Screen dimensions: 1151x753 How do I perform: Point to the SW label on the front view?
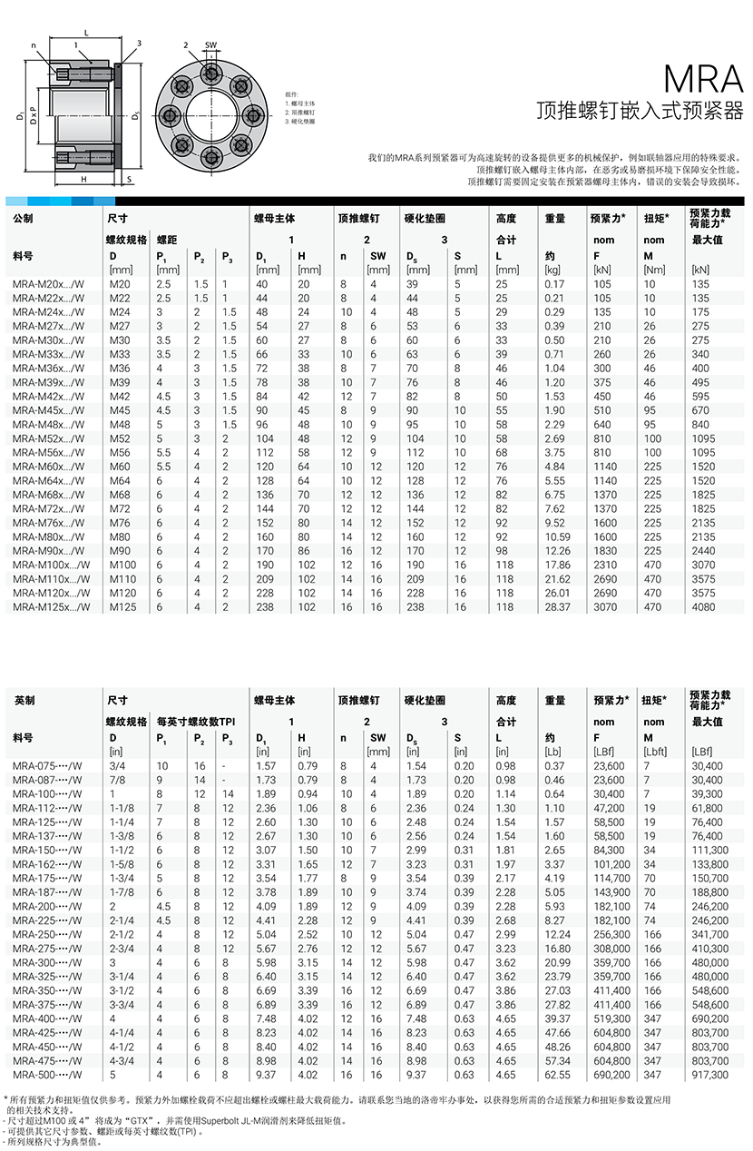pos(210,44)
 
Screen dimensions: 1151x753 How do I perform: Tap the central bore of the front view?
pos(210,115)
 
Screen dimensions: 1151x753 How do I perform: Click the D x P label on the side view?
pos(32,115)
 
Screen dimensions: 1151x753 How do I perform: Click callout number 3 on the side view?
pos(139,43)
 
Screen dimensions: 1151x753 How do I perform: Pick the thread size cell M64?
pos(120,481)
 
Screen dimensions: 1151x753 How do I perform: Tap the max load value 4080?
pos(703,607)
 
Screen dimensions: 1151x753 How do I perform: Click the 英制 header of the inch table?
pos(24,701)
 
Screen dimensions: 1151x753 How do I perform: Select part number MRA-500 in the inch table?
pos(47,1075)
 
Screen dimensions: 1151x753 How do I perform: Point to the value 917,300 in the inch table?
pos(709,1075)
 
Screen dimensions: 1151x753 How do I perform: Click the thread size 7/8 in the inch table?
pos(117,780)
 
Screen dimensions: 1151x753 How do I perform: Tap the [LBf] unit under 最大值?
pos(702,752)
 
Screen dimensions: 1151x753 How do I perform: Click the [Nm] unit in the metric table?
pos(653,270)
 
